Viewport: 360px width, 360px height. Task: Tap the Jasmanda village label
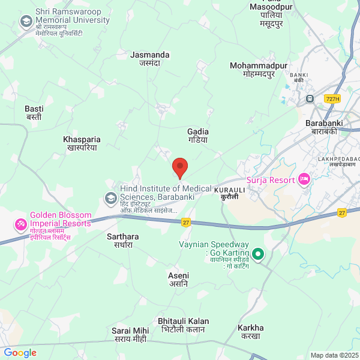click(x=150, y=58)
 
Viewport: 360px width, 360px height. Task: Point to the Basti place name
click(x=34, y=113)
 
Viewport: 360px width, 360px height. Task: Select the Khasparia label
click(x=82, y=143)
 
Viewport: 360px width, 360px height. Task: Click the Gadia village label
click(x=197, y=135)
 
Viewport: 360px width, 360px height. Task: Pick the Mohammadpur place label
click(x=259, y=70)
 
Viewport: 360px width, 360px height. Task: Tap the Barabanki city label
click(x=324, y=127)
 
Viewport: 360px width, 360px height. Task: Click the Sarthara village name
click(x=122, y=241)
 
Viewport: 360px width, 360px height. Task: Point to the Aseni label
click(x=178, y=279)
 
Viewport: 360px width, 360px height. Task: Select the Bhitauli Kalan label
click(x=183, y=325)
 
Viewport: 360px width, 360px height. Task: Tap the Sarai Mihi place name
click(x=130, y=335)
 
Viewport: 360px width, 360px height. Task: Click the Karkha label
click(x=250, y=332)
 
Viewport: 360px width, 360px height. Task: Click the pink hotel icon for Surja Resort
click(x=304, y=179)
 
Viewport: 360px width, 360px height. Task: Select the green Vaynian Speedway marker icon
click(x=258, y=254)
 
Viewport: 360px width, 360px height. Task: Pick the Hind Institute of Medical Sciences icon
click(x=111, y=197)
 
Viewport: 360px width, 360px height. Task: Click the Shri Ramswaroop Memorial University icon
click(x=26, y=23)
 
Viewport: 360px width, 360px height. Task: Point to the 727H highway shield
click(x=332, y=98)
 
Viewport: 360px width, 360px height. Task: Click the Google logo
click(x=20, y=353)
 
